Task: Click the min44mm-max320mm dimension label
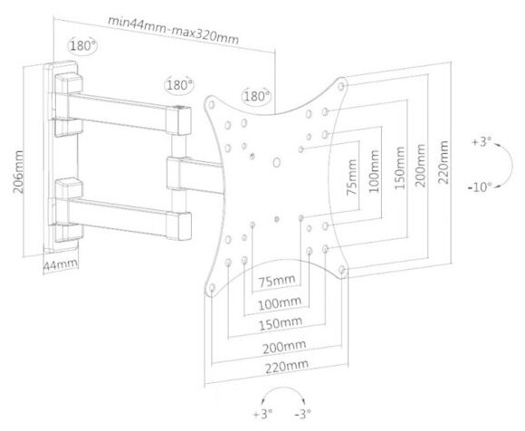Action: pos(174,30)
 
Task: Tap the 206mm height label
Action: pos(18,172)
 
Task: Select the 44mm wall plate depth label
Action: pos(61,265)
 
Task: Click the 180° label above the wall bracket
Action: pos(82,45)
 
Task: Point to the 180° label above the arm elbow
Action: pos(179,85)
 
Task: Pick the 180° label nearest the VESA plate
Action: pos(256,97)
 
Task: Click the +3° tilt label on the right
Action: pos(482,141)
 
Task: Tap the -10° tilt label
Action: pos(480,187)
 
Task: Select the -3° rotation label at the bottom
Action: pos(302,414)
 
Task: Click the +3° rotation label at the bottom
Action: pos(262,414)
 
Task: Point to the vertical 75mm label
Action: pos(351,177)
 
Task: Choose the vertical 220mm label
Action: pos(443,162)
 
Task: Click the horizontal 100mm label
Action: pos(279,303)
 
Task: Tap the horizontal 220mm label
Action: pos(287,367)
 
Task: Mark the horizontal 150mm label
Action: pos(281,323)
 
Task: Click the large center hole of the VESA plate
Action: pos(277,162)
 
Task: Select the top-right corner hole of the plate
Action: pos(341,86)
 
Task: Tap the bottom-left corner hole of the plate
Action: pos(212,288)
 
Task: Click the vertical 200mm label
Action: pos(420,166)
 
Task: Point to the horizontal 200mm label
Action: pos(284,347)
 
